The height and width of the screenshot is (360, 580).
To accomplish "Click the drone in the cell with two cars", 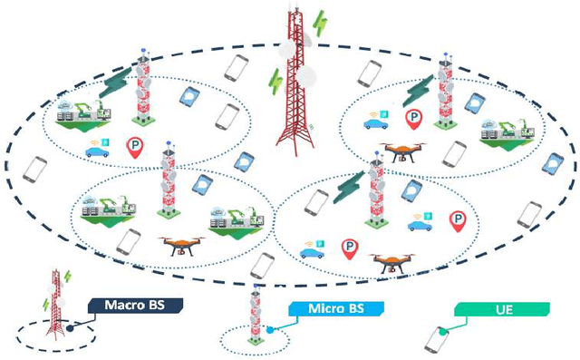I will (x=392, y=262).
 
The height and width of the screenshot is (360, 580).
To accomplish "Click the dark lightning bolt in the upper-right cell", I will (x=419, y=91).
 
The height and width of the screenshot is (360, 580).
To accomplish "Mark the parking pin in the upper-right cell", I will (x=413, y=118).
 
